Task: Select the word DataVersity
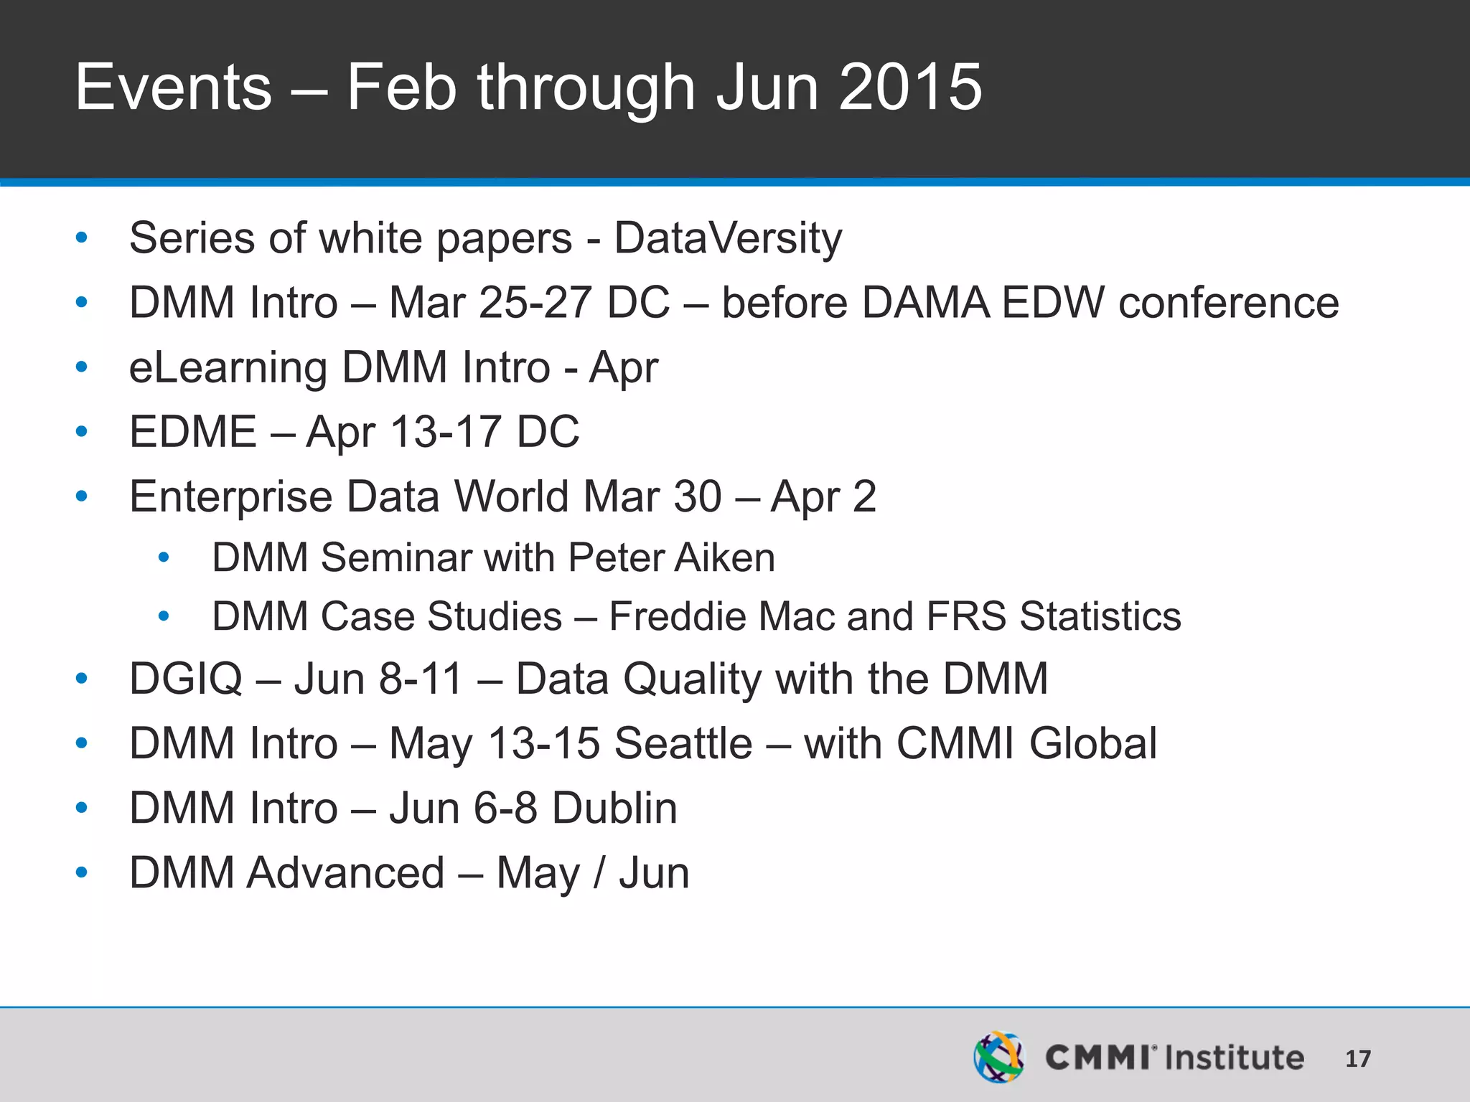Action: click(728, 238)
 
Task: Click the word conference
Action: click(1228, 302)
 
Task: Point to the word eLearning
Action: click(227, 368)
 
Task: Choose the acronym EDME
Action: click(192, 432)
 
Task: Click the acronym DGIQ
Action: click(185, 679)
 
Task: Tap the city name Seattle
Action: click(683, 743)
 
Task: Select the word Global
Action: click(1092, 743)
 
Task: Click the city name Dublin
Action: click(614, 809)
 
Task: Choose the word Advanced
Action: click(346, 873)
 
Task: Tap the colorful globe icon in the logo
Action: click(998, 1057)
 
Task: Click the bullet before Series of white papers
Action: click(82, 238)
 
